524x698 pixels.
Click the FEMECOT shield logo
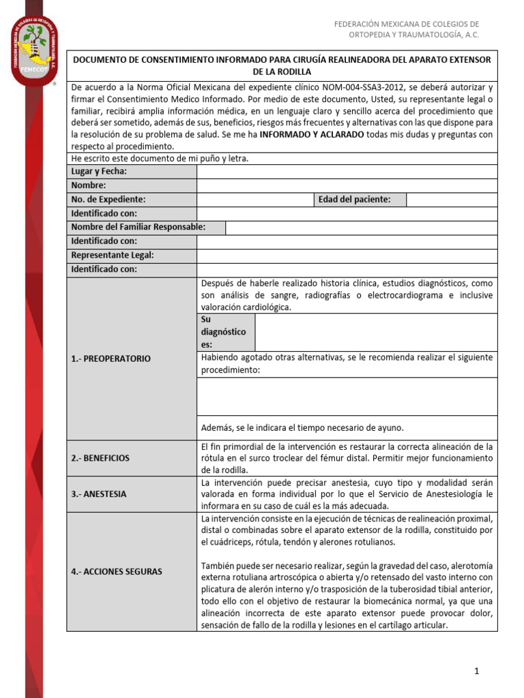tap(34, 52)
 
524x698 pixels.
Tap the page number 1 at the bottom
tap(477, 671)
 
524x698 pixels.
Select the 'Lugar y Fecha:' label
tap(99, 171)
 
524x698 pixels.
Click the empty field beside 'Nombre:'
tap(347, 185)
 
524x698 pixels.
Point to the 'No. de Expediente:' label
tap(108, 200)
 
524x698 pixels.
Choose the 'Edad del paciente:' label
tap(354, 200)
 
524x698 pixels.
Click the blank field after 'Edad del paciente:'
tap(451, 200)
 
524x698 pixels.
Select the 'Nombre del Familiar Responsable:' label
tap(139, 227)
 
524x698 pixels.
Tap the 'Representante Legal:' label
tap(113, 255)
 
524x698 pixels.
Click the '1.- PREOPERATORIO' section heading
tap(111, 359)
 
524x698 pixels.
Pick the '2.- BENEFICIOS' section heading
tap(100, 458)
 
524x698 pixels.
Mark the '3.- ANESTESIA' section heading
tap(99, 494)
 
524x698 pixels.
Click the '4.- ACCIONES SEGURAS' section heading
tap(117, 572)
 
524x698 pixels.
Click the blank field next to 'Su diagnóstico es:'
tap(375, 332)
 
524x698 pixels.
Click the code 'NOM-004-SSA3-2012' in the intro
tap(335, 88)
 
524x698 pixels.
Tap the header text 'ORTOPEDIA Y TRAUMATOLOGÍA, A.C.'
tap(413, 35)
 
